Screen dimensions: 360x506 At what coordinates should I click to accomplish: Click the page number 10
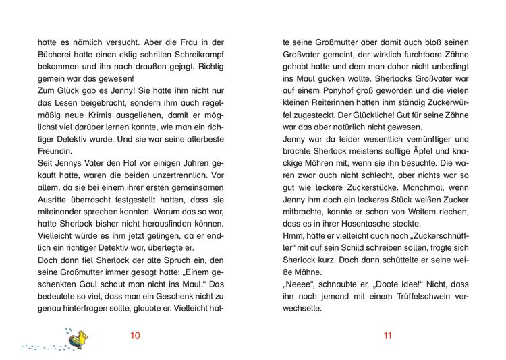point(135,336)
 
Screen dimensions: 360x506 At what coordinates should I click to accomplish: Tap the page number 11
point(387,336)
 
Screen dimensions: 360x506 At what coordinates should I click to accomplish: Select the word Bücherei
point(57,55)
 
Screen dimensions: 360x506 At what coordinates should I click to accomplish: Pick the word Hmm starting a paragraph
point(292,237)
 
